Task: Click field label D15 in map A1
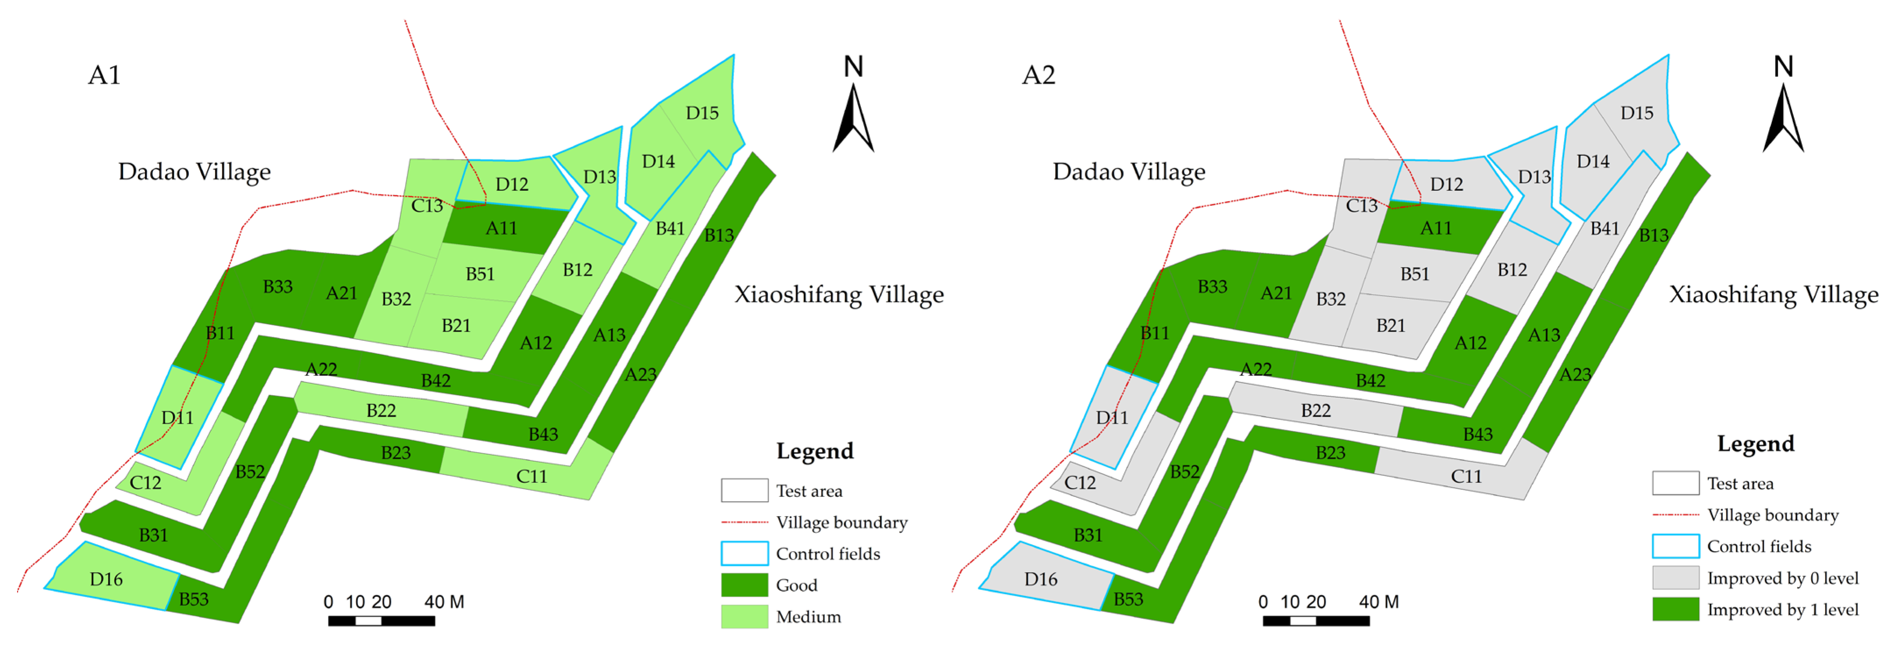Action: [x=701, y=113]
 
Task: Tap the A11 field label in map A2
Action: [x=1435, y=228]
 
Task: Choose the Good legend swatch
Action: [x=744, y=585]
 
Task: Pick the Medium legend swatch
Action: [x=744, y=617]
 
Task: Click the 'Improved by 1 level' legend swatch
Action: [x=1675, y=610]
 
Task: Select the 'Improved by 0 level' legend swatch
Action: [x=1675, y=578]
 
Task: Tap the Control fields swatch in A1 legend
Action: [x=744, y=553]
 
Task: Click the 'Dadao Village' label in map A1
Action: [x=194, y=172]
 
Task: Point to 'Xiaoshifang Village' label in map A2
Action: [x=1774, y=295]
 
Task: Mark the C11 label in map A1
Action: [x=531, y=476]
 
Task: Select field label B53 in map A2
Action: [x=1128, y=599]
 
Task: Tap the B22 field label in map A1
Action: [x=381, y=411]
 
